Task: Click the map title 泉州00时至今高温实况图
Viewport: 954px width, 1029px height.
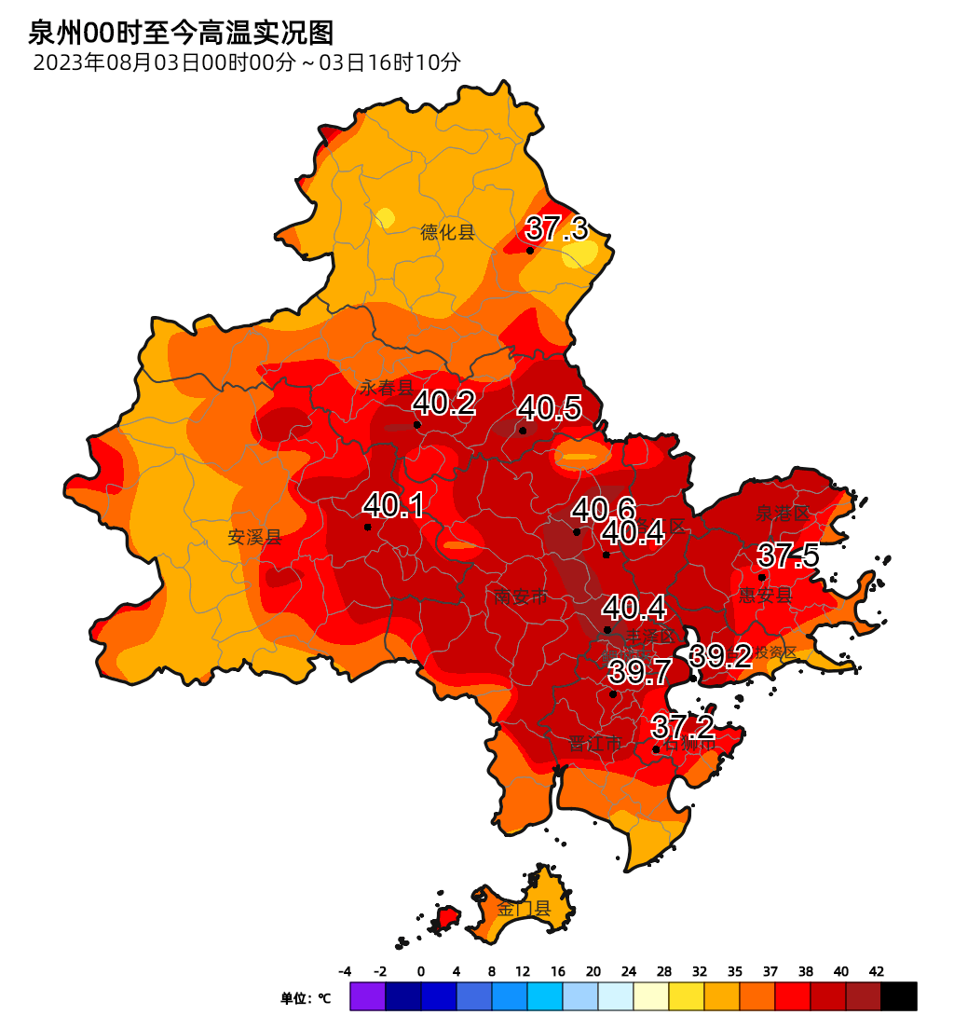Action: [181, 34]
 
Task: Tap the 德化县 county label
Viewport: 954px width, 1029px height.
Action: [447, 232]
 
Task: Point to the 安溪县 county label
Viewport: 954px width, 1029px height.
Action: [254, 537]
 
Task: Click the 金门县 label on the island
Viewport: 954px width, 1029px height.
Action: [524, 909]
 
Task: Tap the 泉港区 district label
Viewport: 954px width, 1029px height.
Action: [783, 514]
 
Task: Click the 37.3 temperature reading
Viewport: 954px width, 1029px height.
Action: [557, 228]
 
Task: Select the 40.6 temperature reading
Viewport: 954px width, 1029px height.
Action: [604, 510]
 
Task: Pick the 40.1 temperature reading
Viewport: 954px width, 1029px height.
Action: [394, 506]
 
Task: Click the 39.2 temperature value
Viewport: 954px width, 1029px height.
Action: [721, 656]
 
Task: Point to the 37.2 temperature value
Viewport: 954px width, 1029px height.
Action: [683, 727]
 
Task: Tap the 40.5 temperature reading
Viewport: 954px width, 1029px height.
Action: [550, 408]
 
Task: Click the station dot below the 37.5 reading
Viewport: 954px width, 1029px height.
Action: [762, 577]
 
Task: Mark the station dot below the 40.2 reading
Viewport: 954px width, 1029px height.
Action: [417, 425]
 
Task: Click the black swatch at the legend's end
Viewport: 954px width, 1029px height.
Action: [899, 995]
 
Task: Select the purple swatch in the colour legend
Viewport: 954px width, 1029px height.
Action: [367, 995]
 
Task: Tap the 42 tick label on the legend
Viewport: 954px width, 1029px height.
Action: [877, 971]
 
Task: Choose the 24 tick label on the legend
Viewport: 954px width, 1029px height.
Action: [629, 971]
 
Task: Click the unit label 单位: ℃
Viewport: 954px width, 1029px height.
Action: [306, 998]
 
